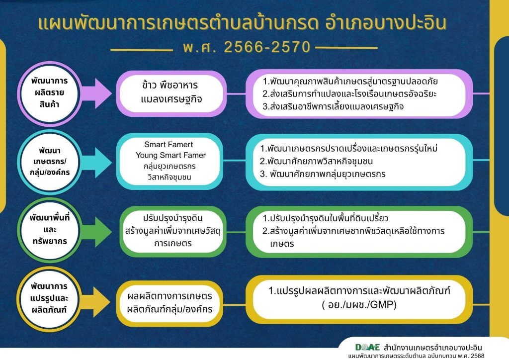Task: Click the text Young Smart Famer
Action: pos(171,155)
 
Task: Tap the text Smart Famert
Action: pos(169,145)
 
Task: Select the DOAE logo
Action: pos(367,348)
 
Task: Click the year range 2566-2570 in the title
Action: pos(267,47)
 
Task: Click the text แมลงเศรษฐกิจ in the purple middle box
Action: pos(171,99)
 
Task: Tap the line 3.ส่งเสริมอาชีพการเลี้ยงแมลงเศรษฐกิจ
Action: pos(333,106)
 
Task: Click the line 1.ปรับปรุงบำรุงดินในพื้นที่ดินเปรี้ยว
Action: pos(325,218)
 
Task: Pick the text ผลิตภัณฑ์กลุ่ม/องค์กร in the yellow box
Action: pos(170,309)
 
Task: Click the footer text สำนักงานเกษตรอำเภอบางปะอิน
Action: pos(433,348)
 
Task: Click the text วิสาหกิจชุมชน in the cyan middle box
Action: pos(169,177)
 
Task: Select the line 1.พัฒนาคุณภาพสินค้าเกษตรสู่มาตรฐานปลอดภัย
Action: pos(350,81)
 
